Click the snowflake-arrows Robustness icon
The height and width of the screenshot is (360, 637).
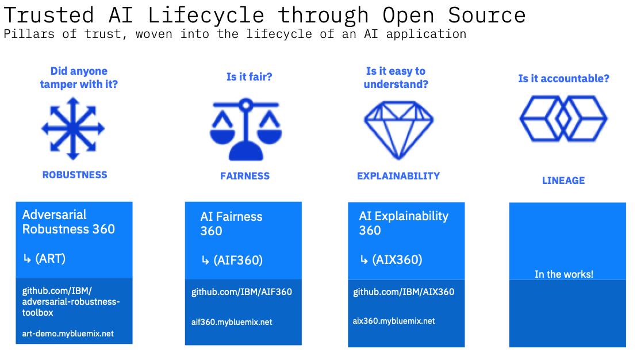click(73, 128)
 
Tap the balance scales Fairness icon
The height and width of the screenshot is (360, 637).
click(245, 129)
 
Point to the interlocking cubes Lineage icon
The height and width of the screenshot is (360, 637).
click(563, 118)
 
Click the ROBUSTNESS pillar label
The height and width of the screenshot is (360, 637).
click(75, 175)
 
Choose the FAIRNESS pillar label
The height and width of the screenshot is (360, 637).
click(245, 176)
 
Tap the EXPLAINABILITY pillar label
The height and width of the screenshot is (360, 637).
click(398, 176)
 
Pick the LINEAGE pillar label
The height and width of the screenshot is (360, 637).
click(563, 181)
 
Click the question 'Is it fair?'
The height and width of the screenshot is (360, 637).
click(249, 76)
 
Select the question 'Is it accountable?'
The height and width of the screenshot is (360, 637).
click(563, 79)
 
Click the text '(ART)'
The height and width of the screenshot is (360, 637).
click(51, 259)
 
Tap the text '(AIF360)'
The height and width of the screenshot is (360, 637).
click(237, 261)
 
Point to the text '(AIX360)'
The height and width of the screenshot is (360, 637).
click(397, 259)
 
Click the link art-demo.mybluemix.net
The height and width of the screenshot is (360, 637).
click(68, 334)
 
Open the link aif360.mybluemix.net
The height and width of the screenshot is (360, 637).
click(232, 322)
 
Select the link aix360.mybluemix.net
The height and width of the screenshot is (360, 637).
click(394, 321)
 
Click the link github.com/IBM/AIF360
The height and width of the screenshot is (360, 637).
click(241, 292)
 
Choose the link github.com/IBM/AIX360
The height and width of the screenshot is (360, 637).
click(404, 292)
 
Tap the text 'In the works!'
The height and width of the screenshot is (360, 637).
click(564, 274)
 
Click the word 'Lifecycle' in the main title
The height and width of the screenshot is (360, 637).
click(198, 14)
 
